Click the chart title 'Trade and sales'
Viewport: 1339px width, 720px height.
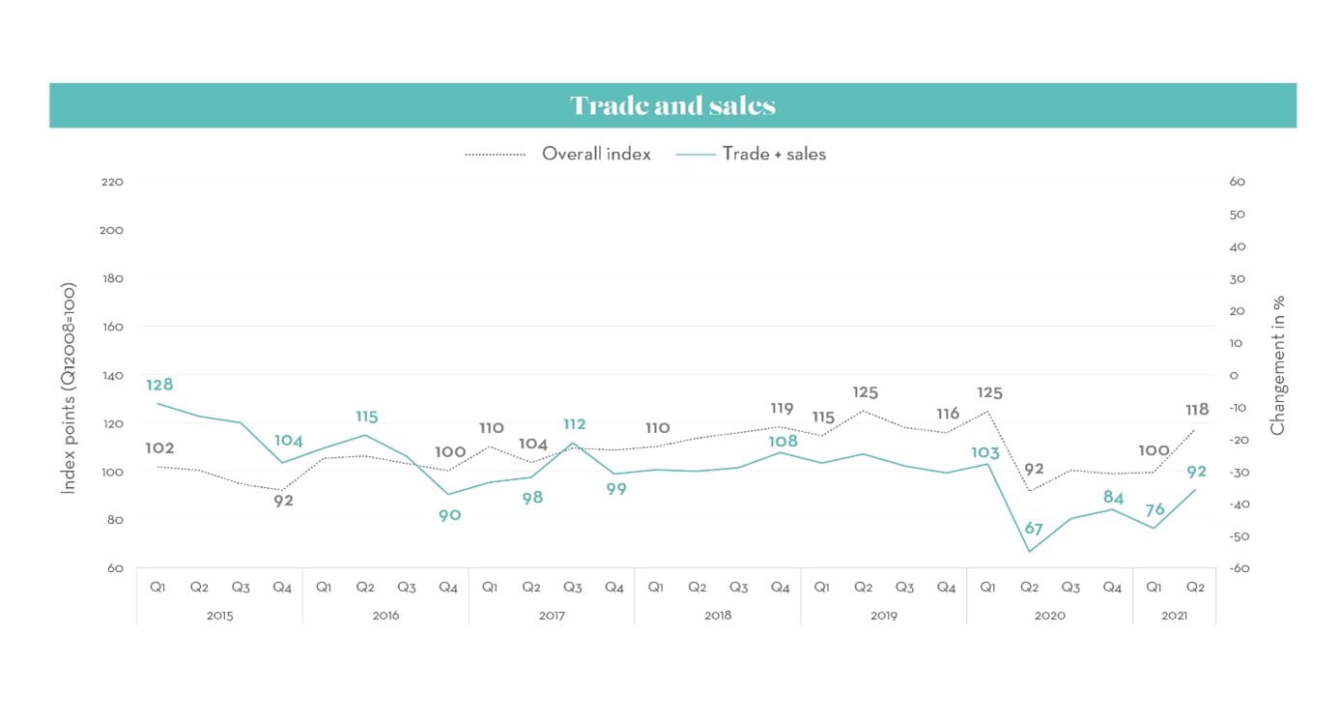coord(672,105)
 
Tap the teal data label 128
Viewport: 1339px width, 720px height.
coord(159,385)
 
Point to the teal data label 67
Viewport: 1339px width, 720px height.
coord(1033,529)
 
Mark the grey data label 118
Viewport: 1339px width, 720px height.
coord(1196,410)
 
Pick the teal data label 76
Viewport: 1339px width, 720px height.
coord(1154,509)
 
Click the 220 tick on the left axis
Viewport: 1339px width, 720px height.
coord(112,182)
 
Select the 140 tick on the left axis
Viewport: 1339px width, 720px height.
coord(112,375)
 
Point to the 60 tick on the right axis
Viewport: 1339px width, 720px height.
coord(1238,182)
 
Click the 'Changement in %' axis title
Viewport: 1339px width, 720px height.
coord(1278,366)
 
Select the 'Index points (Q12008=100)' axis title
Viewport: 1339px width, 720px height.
coord(69,389)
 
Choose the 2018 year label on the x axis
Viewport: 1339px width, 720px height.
coord(718,615)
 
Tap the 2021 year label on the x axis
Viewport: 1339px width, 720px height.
coord(1174,615)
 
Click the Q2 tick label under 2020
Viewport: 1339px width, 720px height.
coord(1029,587)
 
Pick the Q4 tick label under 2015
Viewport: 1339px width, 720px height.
coord(282,587)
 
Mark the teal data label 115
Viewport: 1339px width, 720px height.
coord(366,417)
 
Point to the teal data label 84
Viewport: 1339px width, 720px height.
coord(1113,498)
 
